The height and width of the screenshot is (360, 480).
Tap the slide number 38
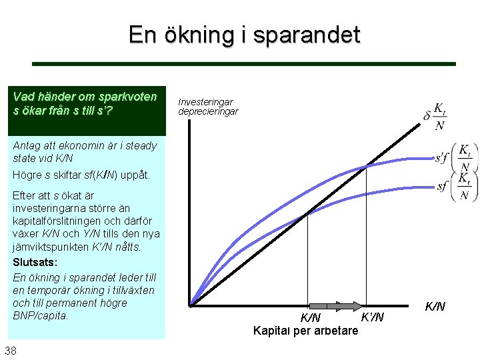pos(11,351)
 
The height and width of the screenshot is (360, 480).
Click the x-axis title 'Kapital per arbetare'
pos(305,329)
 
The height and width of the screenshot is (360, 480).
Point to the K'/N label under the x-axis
pos(371,317)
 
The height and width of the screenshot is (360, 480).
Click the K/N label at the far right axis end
pos(435,307)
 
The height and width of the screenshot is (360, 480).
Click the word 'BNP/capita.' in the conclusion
pos(41,315)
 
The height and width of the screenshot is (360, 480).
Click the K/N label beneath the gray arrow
pos(311,317)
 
